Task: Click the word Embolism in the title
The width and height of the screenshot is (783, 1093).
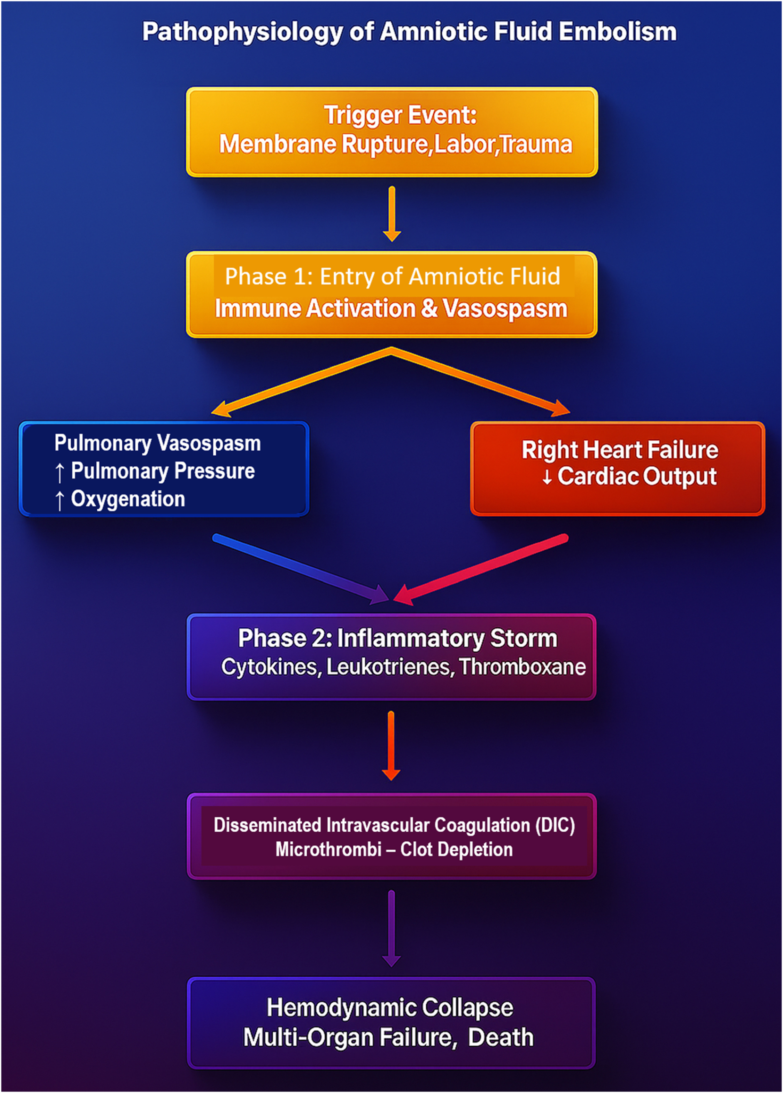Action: (x=617, y=32)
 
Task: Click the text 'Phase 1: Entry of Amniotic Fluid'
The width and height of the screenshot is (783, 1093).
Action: (x=393, y=277)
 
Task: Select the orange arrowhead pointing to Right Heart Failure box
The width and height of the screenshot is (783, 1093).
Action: (x=562, y=410)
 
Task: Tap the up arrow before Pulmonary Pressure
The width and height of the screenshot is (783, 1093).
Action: (x=59, y=472)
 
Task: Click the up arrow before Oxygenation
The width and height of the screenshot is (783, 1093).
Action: (x=59, y=500)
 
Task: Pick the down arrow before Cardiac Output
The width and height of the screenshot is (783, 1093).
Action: (x=547, y=478)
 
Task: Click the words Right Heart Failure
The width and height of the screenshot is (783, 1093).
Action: (x=620, y=450)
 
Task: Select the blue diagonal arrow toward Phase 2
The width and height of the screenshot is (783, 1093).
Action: (x=299, y=569)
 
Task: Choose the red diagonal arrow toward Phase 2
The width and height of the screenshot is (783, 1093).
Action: (x=481, y=569)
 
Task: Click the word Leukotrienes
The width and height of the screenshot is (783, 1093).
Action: (x=390, y=667)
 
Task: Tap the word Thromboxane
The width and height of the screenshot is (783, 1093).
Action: (x=522, y=667)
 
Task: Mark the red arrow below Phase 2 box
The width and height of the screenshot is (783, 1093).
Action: (x=390, y=744)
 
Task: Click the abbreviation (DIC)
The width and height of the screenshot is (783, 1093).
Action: (x=555, y=825)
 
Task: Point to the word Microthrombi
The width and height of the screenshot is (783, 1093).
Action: (x=328, y=849)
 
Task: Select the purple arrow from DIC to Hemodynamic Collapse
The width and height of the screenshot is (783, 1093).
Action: (x=391, y=928)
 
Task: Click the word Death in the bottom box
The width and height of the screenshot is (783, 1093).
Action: (x=500, y=1037)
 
